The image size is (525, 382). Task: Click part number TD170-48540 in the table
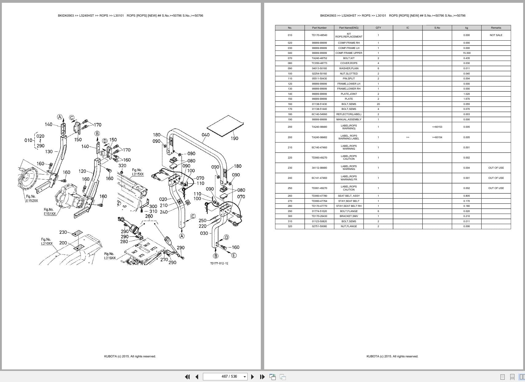pyautogui.click(x=319, y=35)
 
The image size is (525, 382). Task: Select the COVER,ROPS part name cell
pyautogui.click(x=348, y=63)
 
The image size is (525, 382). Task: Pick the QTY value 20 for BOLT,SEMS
pyautogui.click(x=378, y=104)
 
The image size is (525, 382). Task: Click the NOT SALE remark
pyautogui.click(x=496, y=35)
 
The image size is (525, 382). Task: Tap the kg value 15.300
pyautogui.click(x=466, y=53)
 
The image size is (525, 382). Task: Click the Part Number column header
pyautogui.click(x=319, y=28)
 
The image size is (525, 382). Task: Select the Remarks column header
pyautogui.click(x=496, y=28)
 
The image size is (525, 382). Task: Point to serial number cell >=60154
pyautogui.click(x=437, y=137)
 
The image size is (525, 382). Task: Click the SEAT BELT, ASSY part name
pyautogui.click(x=348, y=196)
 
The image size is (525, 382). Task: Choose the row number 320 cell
pyautogui.click(x=290, y=226)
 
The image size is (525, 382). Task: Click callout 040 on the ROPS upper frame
pyautogui.click(x=205, y=135)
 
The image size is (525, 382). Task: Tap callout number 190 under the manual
pyautogui.click(x=234, y=139)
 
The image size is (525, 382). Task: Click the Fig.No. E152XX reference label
pyautogui.click(x=32, y=199)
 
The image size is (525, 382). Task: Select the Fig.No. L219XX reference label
pyautogui.click(x=110, y=256)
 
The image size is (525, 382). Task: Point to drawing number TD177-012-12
pyautogui.click(x=219, y=263)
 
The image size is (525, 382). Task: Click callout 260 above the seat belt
pyautogui.click(x=149, y=216)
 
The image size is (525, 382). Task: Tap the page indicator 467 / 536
pyautogui.click(x=229, y=376)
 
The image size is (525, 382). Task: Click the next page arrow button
pyautogui.click(x=253, y=377)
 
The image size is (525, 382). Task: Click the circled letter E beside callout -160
pyautogui.click(x=234, y=255)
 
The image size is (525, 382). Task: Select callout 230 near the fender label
pyautogui.click(x=63, y=232)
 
